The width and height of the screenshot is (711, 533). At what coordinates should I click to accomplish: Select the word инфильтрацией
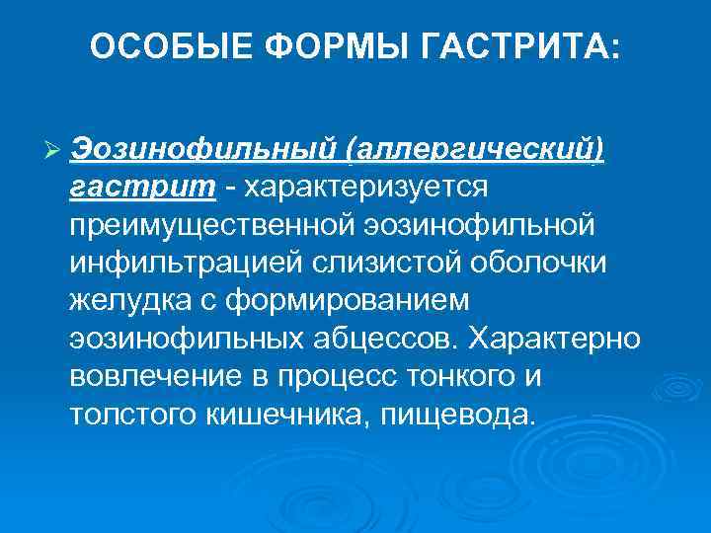click(x=176, y=264)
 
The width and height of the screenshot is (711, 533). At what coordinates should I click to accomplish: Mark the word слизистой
click(x=358, y=264)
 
